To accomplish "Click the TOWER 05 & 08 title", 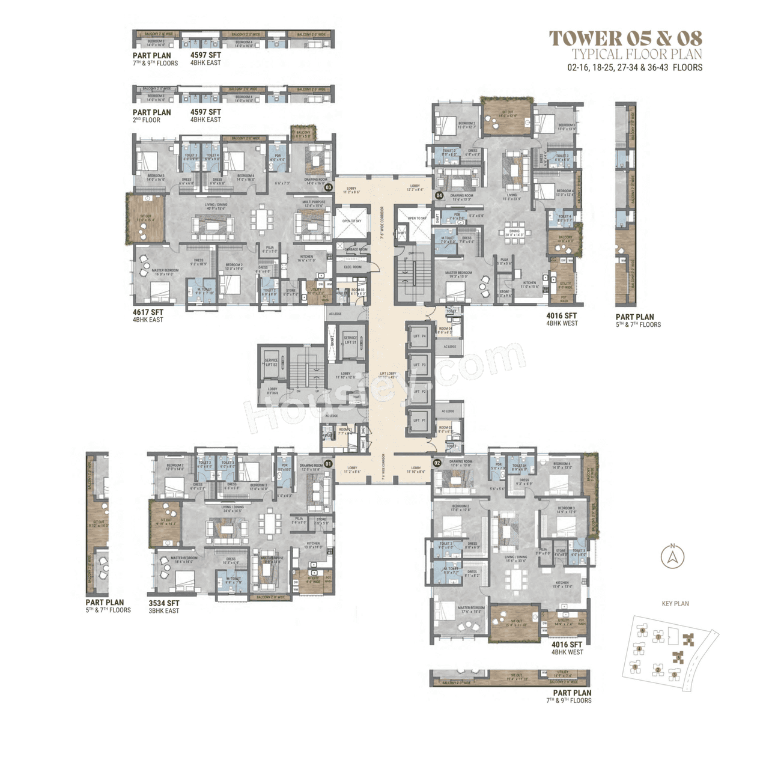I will [x=625, y=38].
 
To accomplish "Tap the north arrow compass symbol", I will [x=672, y=556].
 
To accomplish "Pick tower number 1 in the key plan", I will [x=634, y=666].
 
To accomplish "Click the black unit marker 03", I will [x=329, y=187].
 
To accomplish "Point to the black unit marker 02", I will [x=437, y=463].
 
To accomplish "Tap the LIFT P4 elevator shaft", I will [x=419, y=336].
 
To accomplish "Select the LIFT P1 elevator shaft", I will [x=419, y=421].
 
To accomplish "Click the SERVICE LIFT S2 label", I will [x=271, y=362].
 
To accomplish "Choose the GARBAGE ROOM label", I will [x=356, y=249].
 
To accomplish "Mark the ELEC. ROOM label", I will [x=353, y=267].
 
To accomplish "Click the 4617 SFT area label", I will [x=148, y=312].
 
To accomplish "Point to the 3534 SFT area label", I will [x=164, y=603].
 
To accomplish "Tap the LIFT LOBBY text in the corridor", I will [x=388, y=374].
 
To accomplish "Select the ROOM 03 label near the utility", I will [x=358, y=291].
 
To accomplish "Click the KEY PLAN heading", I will [x=675, y=604].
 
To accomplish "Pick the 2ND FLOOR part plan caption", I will [x=147, y=120].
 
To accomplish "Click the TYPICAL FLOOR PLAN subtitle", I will [x=636, y=55].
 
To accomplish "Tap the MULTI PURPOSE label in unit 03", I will [x=314, y=204].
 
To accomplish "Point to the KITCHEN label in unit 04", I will [x=529, y=284].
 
